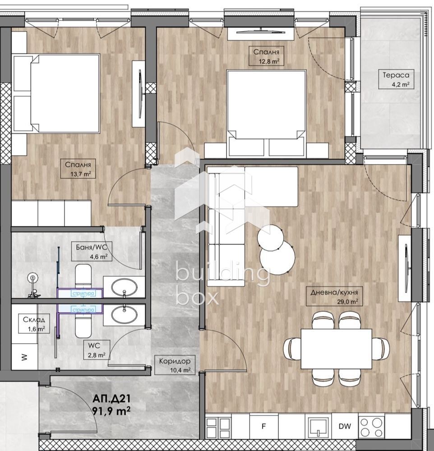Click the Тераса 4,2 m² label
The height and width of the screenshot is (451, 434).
point(393,79)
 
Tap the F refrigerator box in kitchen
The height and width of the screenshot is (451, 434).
point(264,425)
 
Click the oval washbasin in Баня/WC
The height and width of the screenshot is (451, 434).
point(124,287)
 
